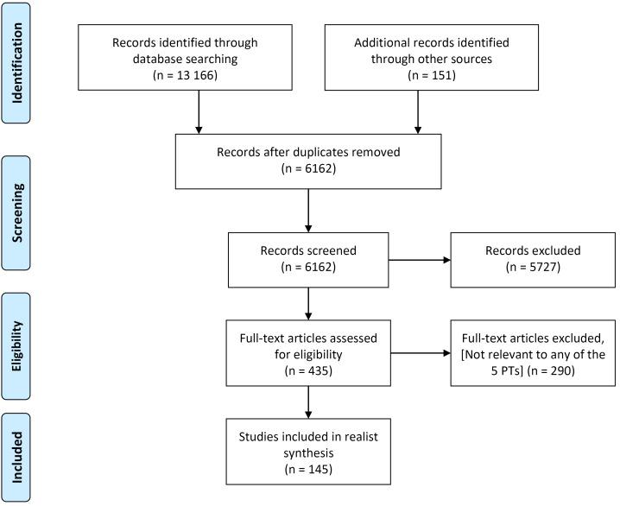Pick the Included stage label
[29, 455]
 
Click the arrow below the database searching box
[199, 110]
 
